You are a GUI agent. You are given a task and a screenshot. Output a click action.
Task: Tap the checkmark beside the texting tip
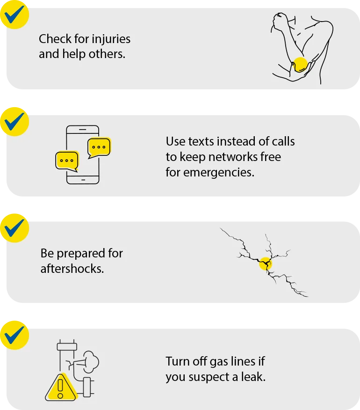coord(14,121)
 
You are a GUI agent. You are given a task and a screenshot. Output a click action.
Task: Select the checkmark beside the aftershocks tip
coord(14,227)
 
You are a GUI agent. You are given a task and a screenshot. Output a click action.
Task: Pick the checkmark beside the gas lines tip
coord(14,334)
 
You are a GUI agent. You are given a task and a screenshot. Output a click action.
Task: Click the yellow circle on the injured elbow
coord(300,65)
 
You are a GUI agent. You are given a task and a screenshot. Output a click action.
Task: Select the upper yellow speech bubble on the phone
coord(99,147)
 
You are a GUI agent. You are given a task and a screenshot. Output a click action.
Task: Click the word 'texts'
coord(204,141)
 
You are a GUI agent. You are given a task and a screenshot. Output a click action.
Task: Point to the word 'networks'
coord(234,156)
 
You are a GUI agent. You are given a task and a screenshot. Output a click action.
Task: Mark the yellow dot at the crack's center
coord(265,264)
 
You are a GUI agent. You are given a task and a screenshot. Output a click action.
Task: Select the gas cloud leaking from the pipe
coord(88,360)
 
